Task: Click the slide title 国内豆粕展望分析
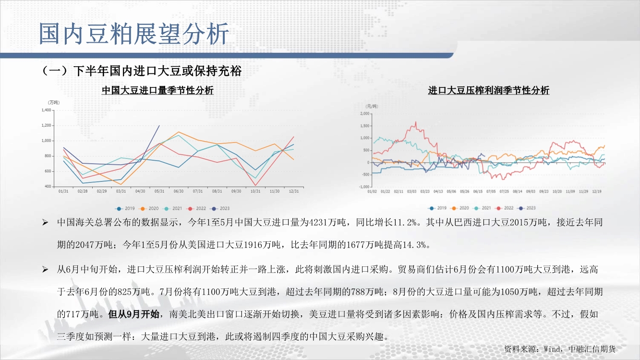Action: [x=134, y=34]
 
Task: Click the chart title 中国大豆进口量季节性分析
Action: [x=157, y=90]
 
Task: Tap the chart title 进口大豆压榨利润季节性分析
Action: [x=489, y=90]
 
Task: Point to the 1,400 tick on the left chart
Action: [x=46, y=110]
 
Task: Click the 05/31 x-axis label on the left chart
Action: [x=159, y=191]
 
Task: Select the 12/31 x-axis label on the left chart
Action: [x=294, y=191]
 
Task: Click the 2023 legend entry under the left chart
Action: [x=220, y=209]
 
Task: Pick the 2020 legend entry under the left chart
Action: [x=149, y=209]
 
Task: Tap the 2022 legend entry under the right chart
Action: [x=505, y=208]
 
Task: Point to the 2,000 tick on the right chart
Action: [x=365, y=114]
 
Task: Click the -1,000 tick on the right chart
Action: [x=364, y=187]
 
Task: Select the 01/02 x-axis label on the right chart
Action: [x=372, y=192]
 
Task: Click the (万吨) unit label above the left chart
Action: [x=54, y=103]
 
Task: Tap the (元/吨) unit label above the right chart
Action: [x=372, y=106]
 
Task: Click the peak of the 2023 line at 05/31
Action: [x=159, y=125]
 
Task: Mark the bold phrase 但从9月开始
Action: [x=134, y=314]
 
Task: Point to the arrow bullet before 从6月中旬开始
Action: [x=45, y=269]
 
